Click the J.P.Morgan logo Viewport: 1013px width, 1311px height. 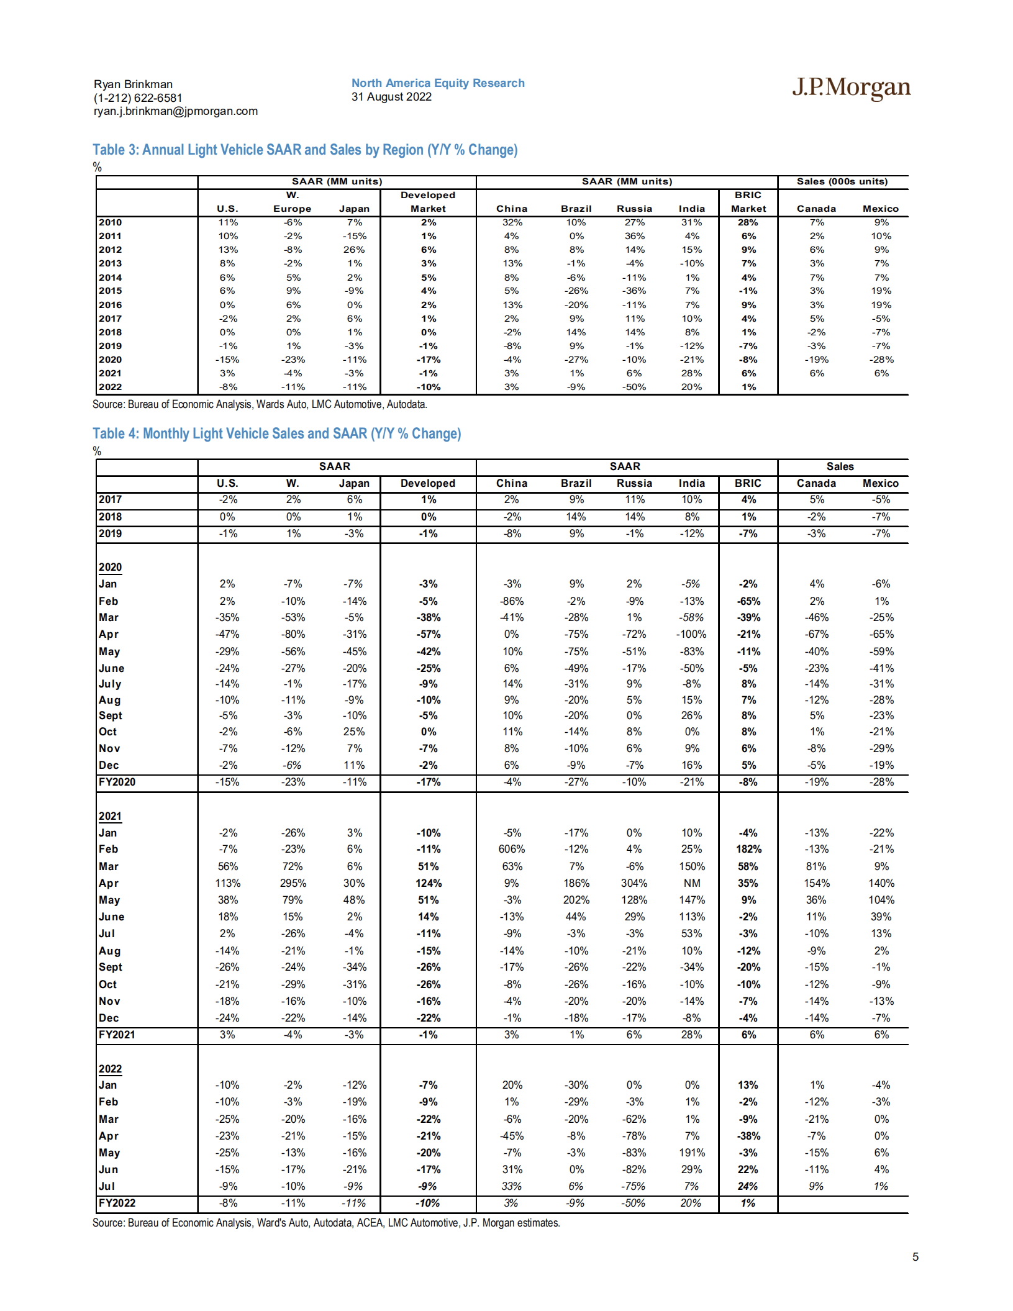(851, 88)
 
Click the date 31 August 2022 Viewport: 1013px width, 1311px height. (391, 97)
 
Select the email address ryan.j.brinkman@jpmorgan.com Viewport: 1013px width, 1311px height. (176, 111)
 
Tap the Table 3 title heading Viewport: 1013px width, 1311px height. (305, 150)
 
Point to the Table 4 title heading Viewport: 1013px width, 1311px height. (276, 433)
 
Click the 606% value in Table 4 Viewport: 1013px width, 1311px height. (512, 850)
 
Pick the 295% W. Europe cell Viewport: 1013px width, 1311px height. (293, 883)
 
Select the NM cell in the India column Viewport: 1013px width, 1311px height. (691, 883)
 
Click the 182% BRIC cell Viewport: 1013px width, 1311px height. (748, 850)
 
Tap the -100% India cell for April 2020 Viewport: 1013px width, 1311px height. (691, 635)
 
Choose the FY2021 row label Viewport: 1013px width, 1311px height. (117, 1035)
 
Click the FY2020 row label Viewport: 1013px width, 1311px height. (117, 782)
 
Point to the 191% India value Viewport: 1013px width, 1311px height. (691, 1153)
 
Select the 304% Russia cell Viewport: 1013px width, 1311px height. (634, 883)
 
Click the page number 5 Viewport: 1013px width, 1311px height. (915, 1257)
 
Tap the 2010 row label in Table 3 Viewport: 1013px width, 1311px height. (111, 222)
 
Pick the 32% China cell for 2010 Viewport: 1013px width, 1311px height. (512, 222)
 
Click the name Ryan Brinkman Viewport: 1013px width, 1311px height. (133, 84)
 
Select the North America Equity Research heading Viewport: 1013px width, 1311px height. (438, 83)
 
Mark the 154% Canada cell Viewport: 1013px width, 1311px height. (816, 883)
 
